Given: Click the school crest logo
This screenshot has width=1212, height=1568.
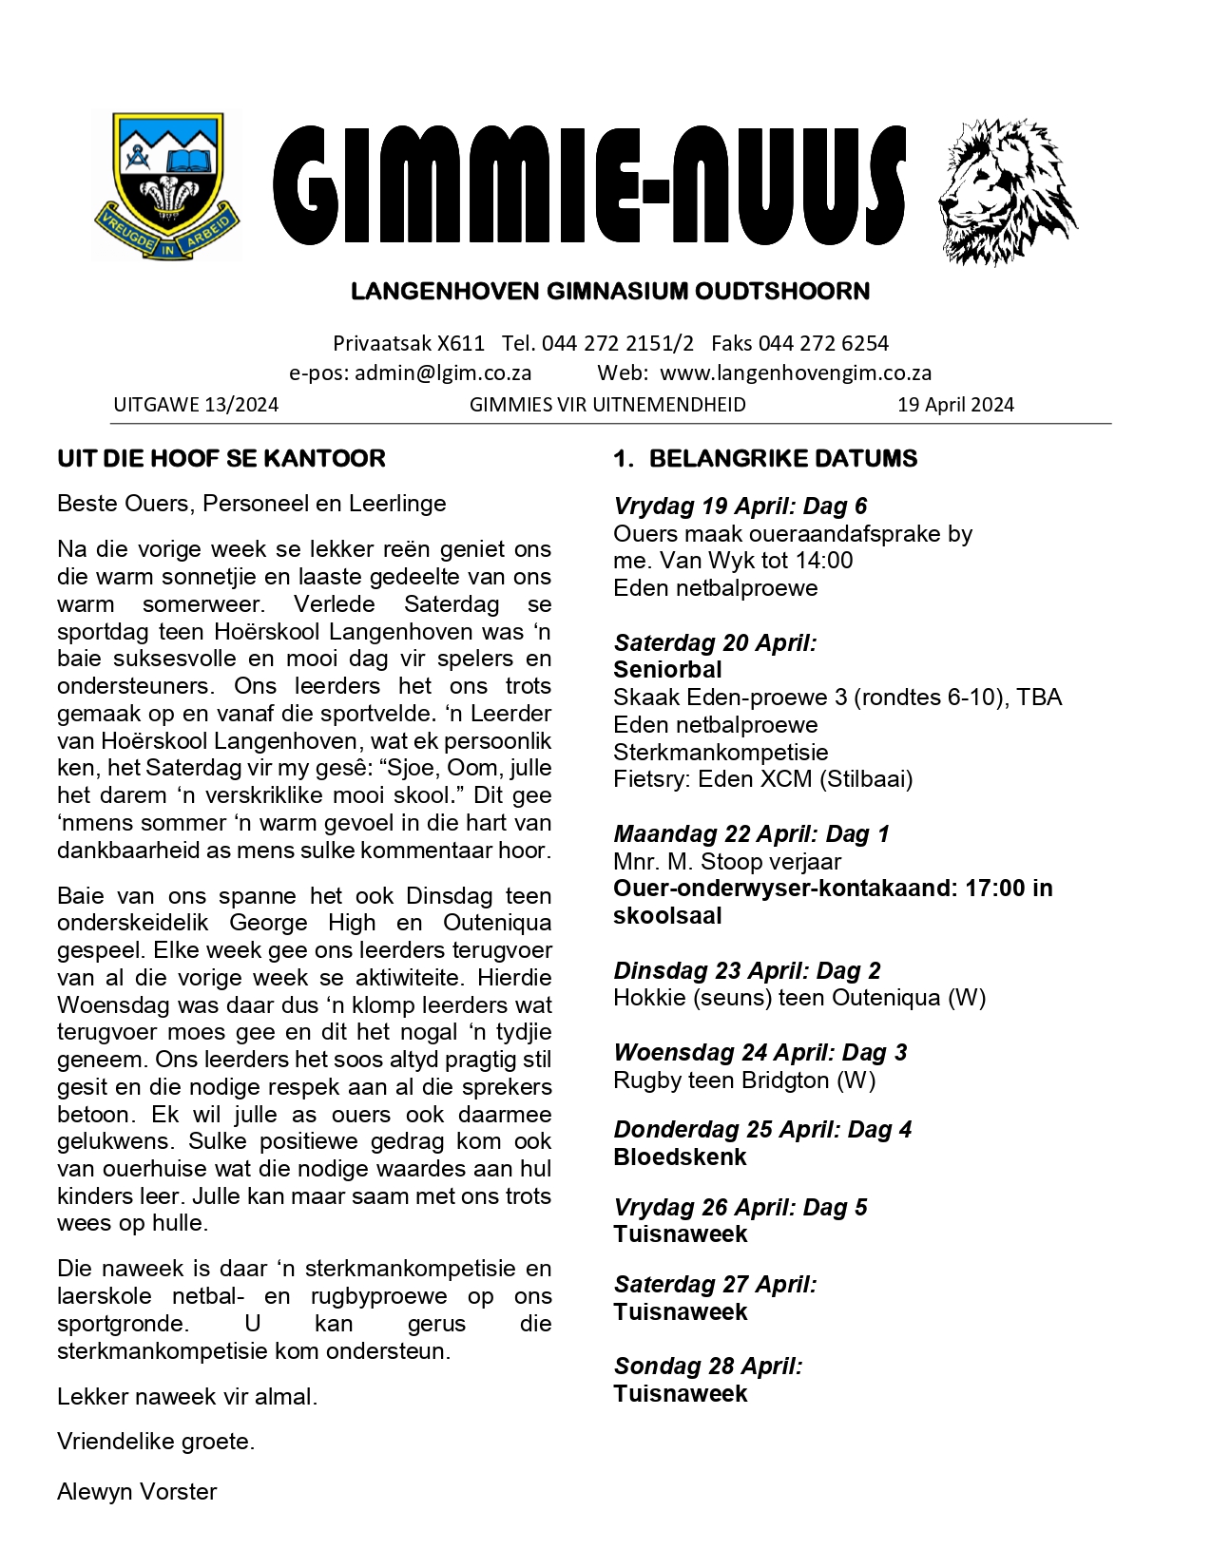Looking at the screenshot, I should tap(167, 186).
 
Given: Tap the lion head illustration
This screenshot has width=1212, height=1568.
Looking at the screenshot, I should tap(1007, 191).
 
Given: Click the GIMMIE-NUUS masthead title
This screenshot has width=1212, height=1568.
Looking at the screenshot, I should tap(589, 184).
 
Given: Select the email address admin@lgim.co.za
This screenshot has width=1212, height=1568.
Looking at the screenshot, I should tap(443, 373).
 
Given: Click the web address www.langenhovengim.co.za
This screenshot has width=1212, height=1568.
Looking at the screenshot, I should tap(796, 373).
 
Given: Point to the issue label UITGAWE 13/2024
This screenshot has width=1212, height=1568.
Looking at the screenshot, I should tap(196, 405).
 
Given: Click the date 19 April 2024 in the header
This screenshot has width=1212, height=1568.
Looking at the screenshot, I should tap(955, 405).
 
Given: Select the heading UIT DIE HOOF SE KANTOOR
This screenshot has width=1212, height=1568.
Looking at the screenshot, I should tap(221, 459).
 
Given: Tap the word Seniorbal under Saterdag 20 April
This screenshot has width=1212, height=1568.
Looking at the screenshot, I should tap(667, 670).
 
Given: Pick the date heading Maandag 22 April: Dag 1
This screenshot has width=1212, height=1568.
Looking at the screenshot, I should tap(751, 834).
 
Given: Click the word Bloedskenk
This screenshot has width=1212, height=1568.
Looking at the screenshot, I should tap(680, 1157).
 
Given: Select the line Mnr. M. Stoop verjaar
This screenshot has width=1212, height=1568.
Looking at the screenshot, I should tap(727, 862).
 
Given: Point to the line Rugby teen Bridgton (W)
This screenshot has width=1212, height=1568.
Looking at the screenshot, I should tap(744, 1080).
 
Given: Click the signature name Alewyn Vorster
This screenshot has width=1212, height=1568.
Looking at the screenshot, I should tap(137, 1492).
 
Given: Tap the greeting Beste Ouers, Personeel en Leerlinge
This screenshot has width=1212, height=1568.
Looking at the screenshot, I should tap(252, 504).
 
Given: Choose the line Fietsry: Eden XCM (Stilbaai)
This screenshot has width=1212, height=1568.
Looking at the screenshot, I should tap(762, 779).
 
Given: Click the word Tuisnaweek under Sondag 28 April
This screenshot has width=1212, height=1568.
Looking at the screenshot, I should tap(681, 1394).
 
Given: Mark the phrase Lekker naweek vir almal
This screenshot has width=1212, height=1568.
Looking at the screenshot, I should tap(187, 1397).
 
